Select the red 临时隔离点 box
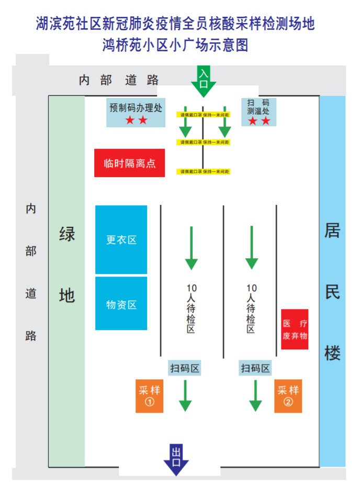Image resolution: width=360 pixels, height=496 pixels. click(129, 163)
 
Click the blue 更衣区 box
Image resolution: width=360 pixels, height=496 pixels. click(121, 239)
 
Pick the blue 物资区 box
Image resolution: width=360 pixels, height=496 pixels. click(121, 304)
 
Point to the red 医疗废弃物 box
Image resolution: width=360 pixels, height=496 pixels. click(295, 329)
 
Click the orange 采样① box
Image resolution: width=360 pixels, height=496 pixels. click(149, 396)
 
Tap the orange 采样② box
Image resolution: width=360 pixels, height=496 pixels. click(288, 396)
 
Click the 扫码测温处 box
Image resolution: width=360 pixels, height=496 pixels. click(258, 112)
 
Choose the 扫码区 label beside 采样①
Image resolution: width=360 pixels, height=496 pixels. click(185, 368)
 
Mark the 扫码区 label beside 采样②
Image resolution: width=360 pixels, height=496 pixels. click(255, 368)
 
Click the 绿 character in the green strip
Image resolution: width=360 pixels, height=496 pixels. click(66, 234)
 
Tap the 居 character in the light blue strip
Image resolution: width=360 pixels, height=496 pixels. click(332, 230)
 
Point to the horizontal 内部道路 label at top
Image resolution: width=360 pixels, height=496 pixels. click(119, 80)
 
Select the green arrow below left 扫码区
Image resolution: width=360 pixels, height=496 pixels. click(185, 395)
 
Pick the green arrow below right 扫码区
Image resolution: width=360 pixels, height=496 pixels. click(255, 395)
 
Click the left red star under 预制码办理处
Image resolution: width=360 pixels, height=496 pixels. click(130, 120)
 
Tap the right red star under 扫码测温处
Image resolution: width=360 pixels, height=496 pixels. click(266, 121)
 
